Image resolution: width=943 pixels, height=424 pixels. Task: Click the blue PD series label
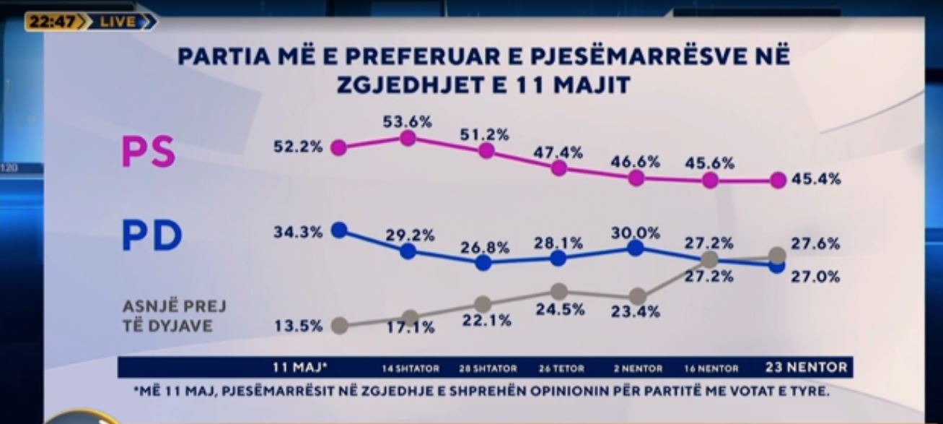[152, 236]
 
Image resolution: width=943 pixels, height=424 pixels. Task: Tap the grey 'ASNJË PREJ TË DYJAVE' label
[174, 316]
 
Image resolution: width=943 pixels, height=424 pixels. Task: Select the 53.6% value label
[408, 121]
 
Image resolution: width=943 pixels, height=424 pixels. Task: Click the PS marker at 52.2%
[338, 148]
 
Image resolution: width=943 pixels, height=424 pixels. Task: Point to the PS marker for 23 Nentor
[777, 181]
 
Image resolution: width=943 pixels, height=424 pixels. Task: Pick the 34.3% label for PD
[297, 233]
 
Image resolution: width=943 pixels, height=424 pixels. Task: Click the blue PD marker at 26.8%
[483, 262]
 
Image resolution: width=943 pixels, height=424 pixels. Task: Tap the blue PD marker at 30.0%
[635, 248]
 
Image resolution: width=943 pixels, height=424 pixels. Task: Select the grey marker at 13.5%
[338, 325]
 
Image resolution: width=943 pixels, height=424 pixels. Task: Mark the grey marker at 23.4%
[637, 296]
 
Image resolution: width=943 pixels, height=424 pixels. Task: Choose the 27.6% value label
[815, 244]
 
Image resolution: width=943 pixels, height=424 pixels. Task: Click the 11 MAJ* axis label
[300, 368]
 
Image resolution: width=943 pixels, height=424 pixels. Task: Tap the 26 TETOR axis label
[561, 368]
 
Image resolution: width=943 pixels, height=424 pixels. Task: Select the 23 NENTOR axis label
[806, 367]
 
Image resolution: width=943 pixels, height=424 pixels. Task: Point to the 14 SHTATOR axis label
[411, 368]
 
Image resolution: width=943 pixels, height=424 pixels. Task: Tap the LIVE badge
[118, 22]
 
